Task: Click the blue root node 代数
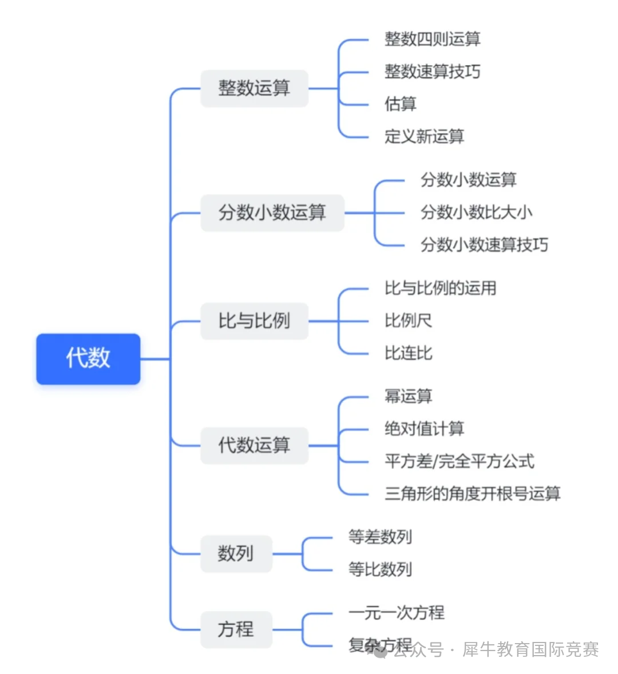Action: click(88, 358)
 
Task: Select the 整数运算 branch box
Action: click(254, 88)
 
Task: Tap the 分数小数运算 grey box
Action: click(272, 212)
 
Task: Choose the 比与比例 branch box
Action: click(254, 321)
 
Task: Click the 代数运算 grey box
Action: click(254, 445)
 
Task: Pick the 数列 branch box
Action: click(236, 554)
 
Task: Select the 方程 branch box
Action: click(236, 629)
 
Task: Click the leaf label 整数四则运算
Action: click(432, 39)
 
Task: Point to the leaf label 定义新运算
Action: click(424, 136)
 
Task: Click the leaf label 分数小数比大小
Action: click(476, 212)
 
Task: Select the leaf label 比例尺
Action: click(408, 321)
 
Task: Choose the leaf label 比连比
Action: click(408, 353)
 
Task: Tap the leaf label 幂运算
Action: click(408, 396)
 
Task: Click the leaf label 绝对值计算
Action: click(424, 429)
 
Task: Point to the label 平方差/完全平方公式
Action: click(459, 461)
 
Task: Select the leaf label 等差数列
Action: click(380, 537)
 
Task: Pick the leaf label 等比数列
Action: click(380, 570)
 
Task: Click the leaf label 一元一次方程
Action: click(396, 613)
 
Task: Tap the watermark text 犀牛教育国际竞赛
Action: click(530, 649)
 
